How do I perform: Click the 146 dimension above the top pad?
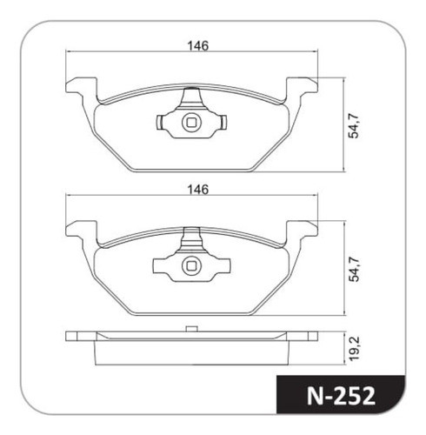point(198,46)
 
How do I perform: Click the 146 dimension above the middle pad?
point(198,190)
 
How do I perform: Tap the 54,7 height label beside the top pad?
point(354,126)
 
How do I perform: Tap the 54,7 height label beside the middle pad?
point(354,270)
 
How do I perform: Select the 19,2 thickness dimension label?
point(354,348)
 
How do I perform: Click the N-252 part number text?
point(341,396)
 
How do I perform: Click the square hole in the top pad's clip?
point(191,123)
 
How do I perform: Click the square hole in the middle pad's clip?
point(191,266)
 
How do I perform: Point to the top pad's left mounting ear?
point(82,86)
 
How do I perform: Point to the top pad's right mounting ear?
point(302,86)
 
